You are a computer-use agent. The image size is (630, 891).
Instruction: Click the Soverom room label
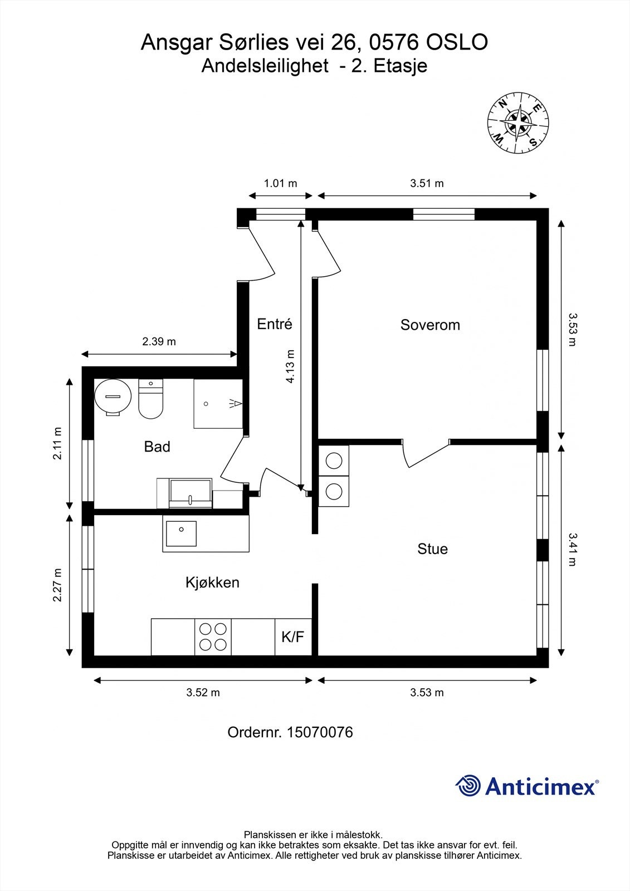coord(430,325)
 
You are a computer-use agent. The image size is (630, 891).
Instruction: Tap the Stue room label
coord(433,549)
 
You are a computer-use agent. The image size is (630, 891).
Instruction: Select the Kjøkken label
coord(213,582)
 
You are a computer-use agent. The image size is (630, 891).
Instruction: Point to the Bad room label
coord(157,447)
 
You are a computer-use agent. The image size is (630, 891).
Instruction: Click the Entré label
coord(275,324)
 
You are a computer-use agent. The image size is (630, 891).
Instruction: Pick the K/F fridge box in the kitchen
coord(293,637)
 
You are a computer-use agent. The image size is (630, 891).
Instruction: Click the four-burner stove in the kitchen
coord(213,637)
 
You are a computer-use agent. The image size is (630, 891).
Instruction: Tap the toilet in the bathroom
coord(150,399)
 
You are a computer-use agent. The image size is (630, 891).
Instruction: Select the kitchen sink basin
coord(181,533)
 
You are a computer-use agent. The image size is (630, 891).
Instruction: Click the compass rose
coord(518,123)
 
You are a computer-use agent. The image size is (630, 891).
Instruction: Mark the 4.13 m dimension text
coord(290,366)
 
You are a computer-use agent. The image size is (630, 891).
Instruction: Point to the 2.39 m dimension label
coord(159,341)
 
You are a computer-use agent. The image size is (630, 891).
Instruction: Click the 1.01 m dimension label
coord(281,183)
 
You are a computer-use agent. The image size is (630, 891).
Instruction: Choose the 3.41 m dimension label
coord(572,550)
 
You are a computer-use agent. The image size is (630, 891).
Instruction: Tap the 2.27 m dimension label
coord(58,585)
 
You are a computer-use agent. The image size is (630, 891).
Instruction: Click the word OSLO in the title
coord(457,42)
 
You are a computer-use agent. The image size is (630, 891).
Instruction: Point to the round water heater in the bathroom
coord(113,397)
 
